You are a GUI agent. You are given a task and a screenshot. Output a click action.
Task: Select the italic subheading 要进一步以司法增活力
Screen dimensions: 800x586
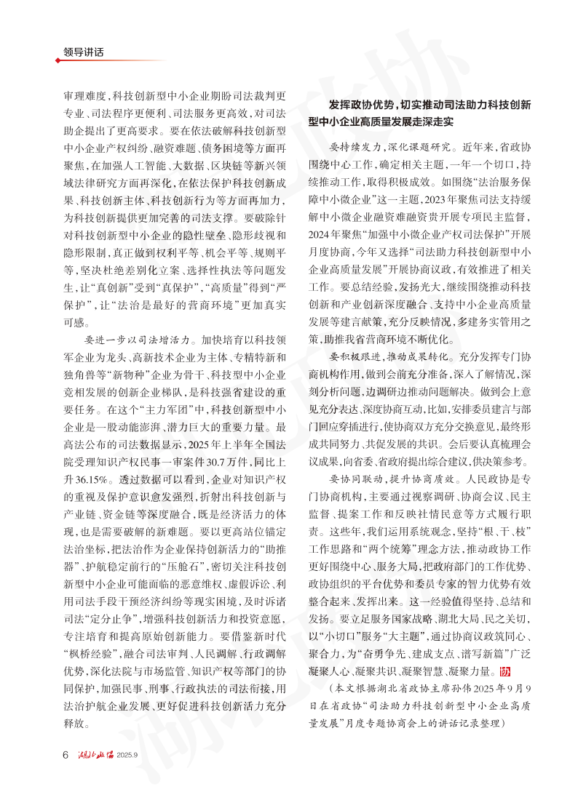pos(138,338)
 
